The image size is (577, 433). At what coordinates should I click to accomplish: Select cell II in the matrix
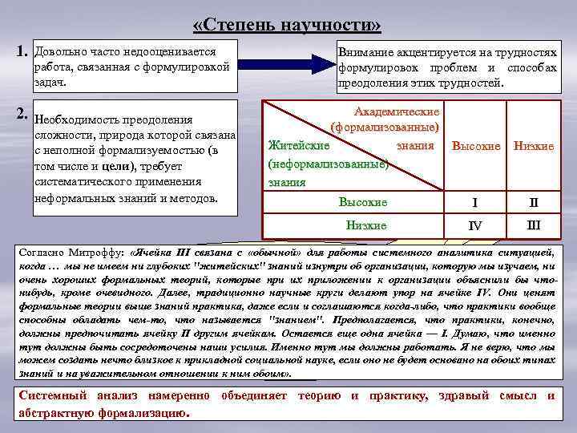point(533,202)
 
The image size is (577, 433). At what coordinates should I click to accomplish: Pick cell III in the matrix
point(533,225)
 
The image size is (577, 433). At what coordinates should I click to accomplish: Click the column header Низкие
point(534,147)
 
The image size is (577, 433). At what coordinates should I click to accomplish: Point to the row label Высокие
point(362,202)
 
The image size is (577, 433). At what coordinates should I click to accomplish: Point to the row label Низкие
point(365,225)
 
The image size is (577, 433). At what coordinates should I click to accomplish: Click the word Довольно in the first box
point(58,51)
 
